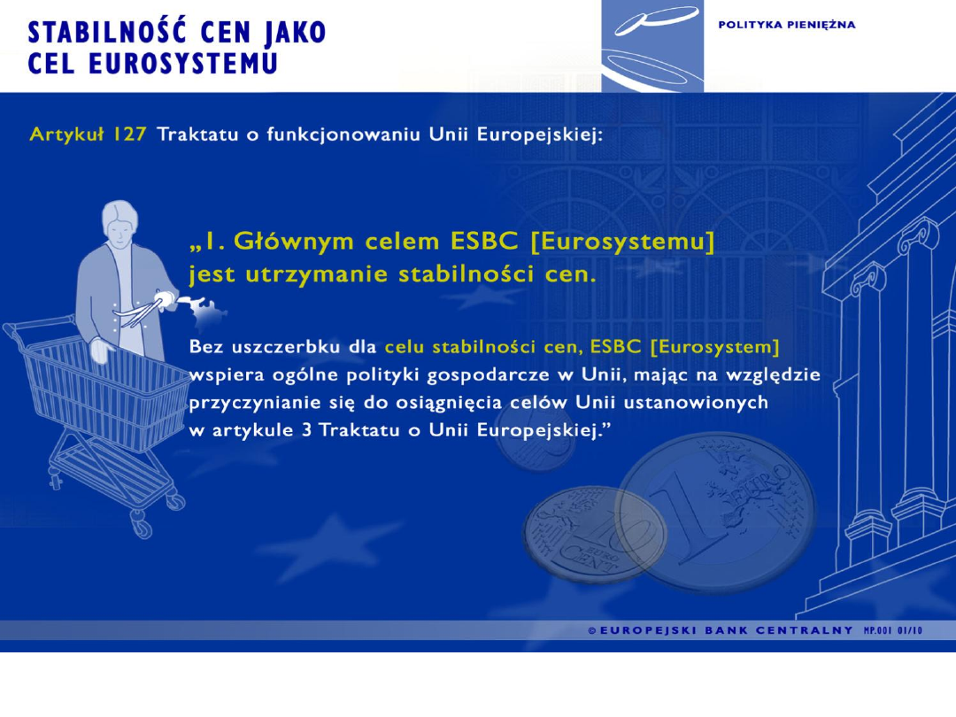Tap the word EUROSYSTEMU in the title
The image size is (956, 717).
(x=183, y=64)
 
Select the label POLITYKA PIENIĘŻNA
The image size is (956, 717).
(x=787, y=25)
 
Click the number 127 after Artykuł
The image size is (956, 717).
(x=128, y=135)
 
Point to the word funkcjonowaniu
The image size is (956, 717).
(x=343, y=135)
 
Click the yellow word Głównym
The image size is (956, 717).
(x=294, y=242)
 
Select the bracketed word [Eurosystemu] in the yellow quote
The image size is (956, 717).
(x=622, y=242)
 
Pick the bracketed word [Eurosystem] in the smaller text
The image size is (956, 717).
(x=715, y=347)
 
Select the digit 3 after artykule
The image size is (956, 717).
(x=306, y=430)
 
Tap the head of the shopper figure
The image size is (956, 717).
(x=119, y=222)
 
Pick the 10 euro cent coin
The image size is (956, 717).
(x=596, y=533)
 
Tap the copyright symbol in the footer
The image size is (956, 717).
(x=592, y=630)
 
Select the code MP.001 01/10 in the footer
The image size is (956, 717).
(x=893, y=630)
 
